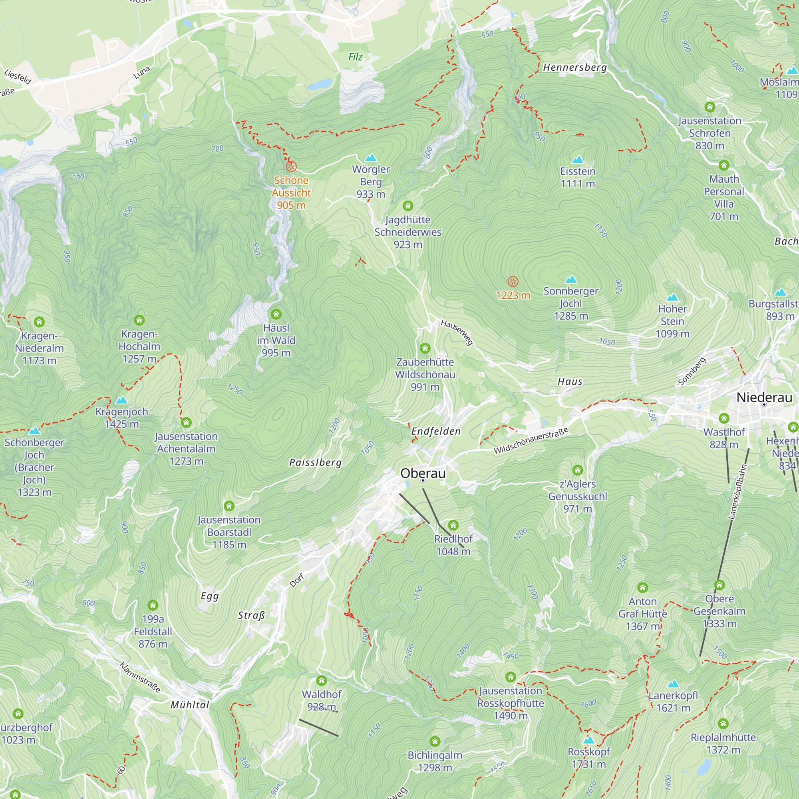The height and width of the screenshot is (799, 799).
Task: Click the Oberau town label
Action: pyautogui.click(x=423, y=473)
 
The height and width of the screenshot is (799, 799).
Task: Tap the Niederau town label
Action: pyautogui.click(x=764, y=398)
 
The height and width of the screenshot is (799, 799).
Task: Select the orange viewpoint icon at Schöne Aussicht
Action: pyautogui.click(x=291, y=167)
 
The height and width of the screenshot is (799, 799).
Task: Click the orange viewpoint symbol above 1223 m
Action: pyautogui.click(x=513, y=282)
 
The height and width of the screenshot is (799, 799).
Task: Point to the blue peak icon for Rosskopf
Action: pyautogui.click(x=588, y=739)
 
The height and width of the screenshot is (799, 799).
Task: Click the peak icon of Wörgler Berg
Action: pyautogui.click(x=371, y=157)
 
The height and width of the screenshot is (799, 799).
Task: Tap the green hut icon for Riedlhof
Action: pyautogui.click(x=453, y=525)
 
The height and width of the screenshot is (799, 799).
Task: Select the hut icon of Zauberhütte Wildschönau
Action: pyautogui.click(x=425, y=348)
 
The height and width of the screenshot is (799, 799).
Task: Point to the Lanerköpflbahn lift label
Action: pyautogui.click(x=737, y=492)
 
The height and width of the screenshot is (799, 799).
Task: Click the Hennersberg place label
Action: pyautogui.click(x=575, y=68)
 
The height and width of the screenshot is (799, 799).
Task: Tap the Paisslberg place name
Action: pyautogui.click(x=316, y=462)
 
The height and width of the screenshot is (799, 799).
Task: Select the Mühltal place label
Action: pyautogui.click(x=190, y=705)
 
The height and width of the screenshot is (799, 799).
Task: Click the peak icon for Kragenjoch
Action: pyautogui.click(x=121, y=400)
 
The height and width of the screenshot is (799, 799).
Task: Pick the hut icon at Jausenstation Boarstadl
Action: pyautogui.click(x=229, y=506)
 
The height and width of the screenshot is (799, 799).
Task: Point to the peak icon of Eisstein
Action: pyautogui.click(x=577, y=160)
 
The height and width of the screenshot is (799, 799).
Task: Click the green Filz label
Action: pyautogui.click(x=355, y=57)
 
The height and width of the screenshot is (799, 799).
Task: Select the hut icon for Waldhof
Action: pyautogui.click(x=322, y=681)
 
